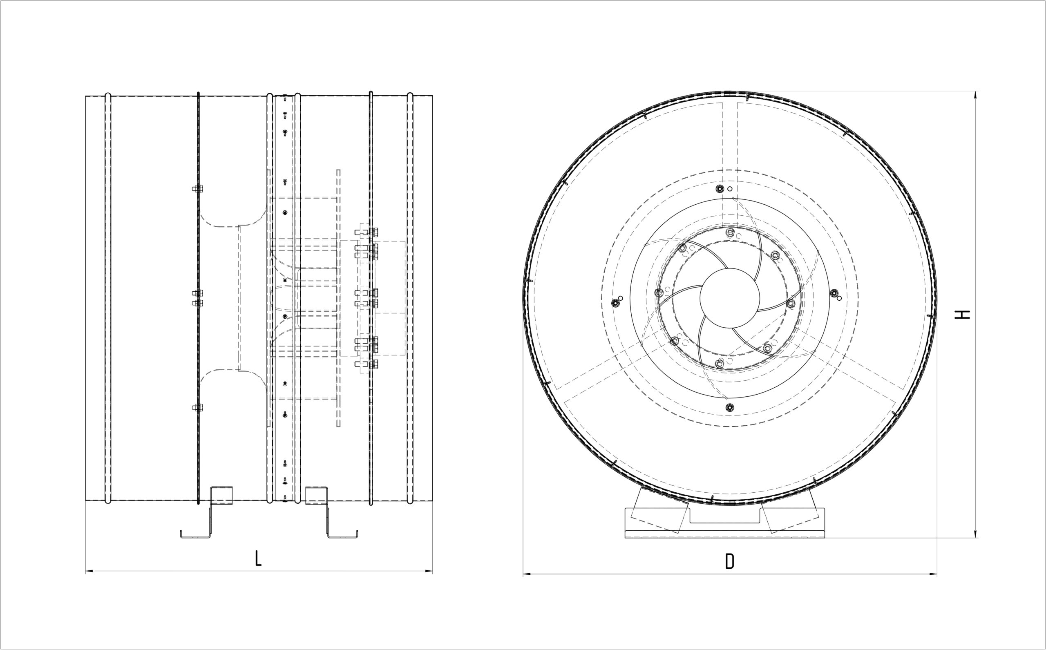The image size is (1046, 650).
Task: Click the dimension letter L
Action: tap(258, 558)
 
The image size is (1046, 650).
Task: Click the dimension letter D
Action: tap(730, 561)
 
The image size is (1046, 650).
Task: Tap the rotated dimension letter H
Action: tap(962, 314)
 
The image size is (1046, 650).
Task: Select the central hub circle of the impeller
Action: tap(730, 297)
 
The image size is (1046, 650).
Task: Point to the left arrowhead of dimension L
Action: tap(89, 571)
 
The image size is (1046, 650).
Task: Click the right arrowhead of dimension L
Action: tap(429, 571)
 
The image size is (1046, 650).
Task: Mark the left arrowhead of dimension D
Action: tap(527, 574)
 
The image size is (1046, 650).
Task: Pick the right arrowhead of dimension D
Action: tap(933, 574)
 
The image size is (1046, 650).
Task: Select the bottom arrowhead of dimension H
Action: tap(975, 534)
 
